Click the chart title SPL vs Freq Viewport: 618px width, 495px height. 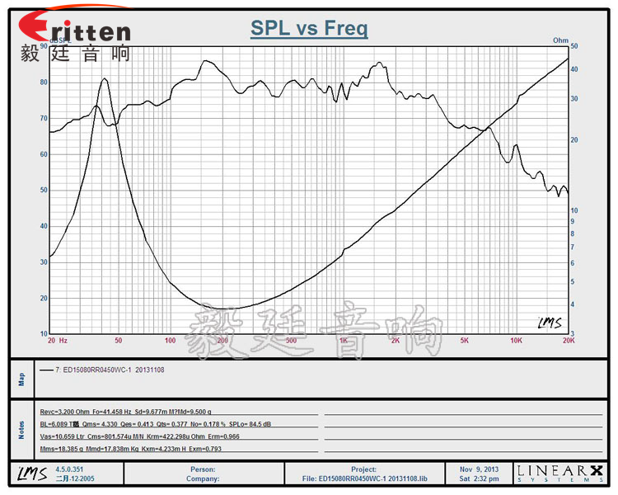coord(309,29)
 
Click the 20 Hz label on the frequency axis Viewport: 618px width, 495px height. coord(57,341)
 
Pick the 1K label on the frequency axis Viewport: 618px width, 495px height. coord(343,341)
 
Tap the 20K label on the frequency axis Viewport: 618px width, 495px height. coord(567,341)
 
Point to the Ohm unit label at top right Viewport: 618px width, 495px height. coord(560,40)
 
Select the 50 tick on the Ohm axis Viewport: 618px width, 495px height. coord(574,47)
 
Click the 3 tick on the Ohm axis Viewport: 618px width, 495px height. coord(574,333)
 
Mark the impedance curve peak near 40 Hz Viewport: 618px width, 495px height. coord(105,79)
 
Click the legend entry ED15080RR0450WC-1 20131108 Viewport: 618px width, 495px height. coord(110,370)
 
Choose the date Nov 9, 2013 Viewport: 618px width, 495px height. coord(477,469)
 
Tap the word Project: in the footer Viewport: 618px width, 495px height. coord(363,469)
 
